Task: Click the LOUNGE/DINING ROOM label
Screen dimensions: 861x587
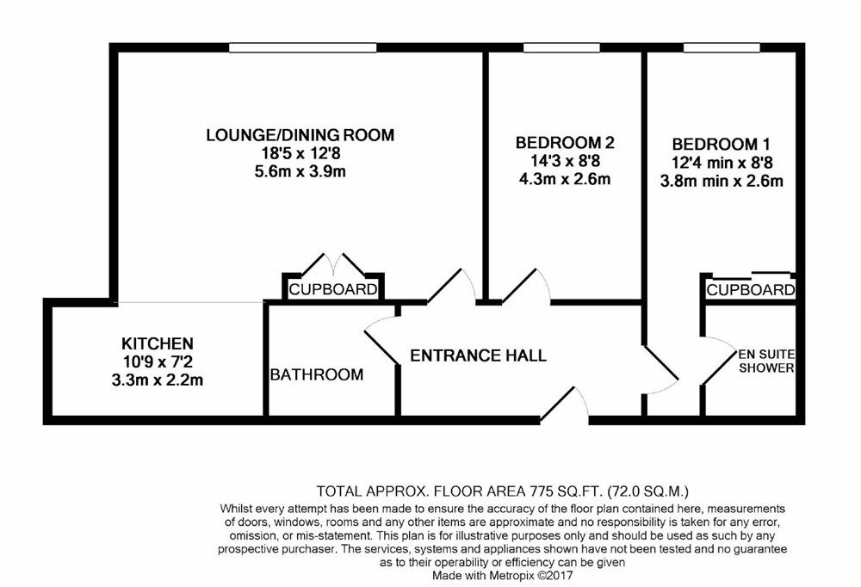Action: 300,134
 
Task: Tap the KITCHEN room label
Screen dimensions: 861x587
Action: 158,343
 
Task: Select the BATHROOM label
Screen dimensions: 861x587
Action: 317,374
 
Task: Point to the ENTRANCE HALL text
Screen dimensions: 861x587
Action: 478,355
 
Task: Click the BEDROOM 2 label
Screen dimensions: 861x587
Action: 565,143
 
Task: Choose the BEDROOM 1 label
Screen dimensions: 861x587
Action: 721,145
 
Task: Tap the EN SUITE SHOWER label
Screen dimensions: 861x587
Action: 766,361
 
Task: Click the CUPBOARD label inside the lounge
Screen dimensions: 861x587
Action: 333,289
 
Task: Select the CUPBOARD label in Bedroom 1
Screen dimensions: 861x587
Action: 751,289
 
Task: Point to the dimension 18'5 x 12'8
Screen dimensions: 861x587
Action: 300,153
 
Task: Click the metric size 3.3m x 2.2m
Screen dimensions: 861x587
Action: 158,380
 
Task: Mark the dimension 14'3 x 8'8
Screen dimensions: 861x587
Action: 565,161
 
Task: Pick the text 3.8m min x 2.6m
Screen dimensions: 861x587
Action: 722,181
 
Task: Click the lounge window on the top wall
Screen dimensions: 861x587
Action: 302,48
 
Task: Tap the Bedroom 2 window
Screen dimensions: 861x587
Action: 561,48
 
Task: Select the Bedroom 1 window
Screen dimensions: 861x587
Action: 722,48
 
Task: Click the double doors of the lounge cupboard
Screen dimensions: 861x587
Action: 333,265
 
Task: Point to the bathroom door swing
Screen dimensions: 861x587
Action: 381,337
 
